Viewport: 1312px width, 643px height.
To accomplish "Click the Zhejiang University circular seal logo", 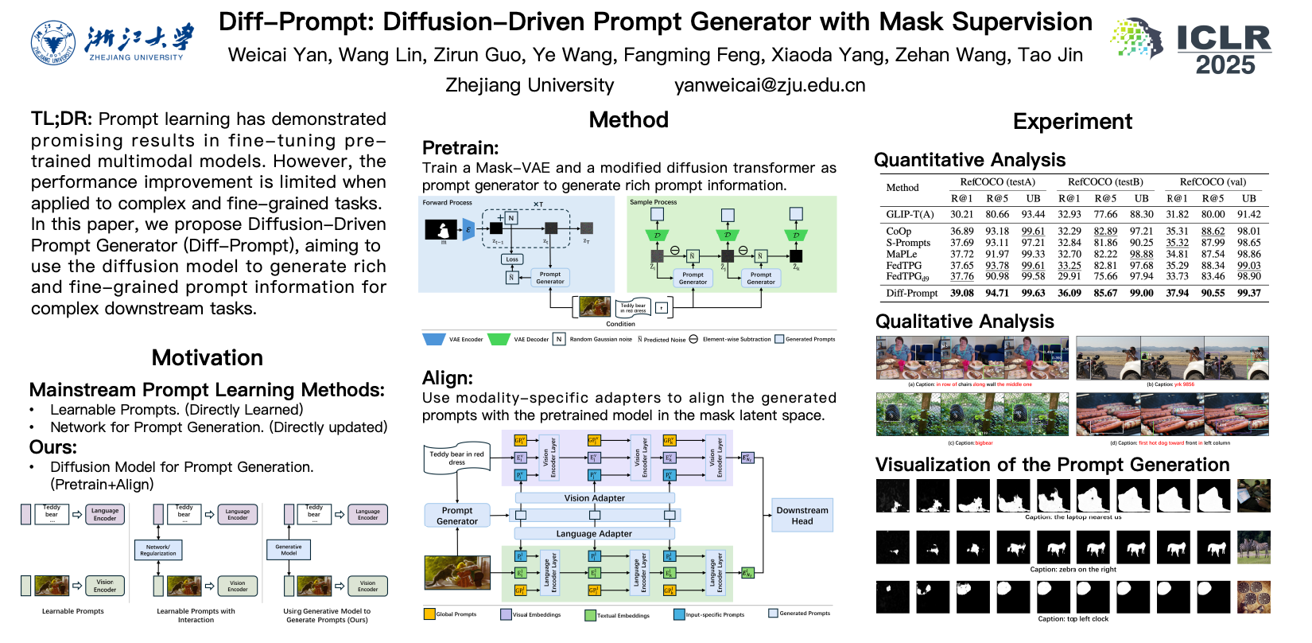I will click(x=52, y=43).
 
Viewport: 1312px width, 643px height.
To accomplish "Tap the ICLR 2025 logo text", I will click(x=1224, y=50).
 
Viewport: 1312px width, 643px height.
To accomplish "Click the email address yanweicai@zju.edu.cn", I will click(x=770, y=85).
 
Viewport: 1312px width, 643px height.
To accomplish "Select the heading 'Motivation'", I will click(x=208, y=358).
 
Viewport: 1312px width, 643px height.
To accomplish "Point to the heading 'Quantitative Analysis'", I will click(x=969, y=160).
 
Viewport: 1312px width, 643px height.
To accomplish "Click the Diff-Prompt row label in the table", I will click(x=912, y=293).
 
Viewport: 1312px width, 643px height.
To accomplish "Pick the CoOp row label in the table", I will click(x=899, y=231).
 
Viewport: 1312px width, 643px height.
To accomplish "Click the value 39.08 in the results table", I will click(x=961, y=293).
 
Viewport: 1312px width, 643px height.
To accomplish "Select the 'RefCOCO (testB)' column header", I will click(x=1105, y=182).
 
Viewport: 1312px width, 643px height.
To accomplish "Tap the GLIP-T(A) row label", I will click(x=910, y=214).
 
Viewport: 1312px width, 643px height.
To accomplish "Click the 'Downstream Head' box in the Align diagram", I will click(x=802, y=516).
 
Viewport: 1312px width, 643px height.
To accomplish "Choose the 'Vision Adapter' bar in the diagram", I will click(x=595, y=498).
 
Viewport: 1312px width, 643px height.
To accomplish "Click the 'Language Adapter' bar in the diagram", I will click(x=594, y=533).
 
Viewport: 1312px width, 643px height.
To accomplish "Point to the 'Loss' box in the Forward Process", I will click(x=512, y=259).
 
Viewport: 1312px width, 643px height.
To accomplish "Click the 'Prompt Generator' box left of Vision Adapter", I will click(x=457, y=516).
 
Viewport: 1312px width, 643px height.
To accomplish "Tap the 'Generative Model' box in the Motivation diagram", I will click(x=289, y=550).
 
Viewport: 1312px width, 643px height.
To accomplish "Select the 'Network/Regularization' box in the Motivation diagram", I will click(x=158, y=550).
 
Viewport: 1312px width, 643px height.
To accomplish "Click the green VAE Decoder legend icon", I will click(x=499, y=339).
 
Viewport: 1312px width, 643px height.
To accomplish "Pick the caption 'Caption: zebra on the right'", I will click(x=1073, y=569).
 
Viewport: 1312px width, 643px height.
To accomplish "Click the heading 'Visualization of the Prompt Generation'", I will click(x=1052, y=465).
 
